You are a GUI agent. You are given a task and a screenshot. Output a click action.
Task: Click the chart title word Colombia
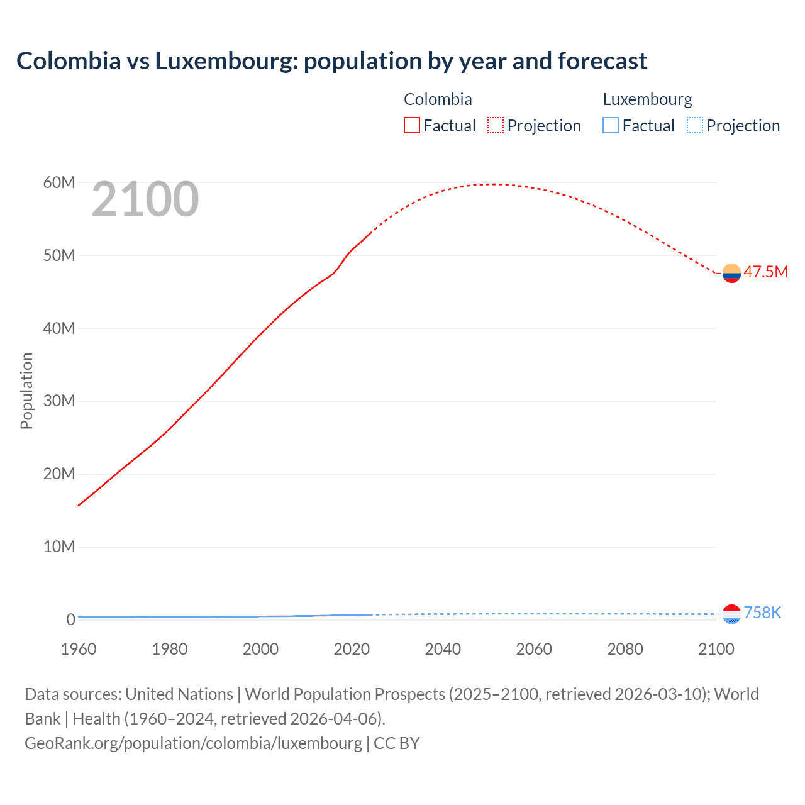click(69, 61)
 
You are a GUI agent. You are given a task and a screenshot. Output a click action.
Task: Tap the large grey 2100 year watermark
click(145, 199)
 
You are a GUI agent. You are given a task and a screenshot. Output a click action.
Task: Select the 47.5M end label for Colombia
click(765, 272)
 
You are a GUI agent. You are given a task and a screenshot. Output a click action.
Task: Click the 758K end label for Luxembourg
click(762, 613)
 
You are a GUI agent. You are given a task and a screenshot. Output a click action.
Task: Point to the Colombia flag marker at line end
click(731, 273)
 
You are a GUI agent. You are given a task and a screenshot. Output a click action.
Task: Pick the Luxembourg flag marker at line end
click(731, 614)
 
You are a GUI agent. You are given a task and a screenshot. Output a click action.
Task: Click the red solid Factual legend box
click(412, 126)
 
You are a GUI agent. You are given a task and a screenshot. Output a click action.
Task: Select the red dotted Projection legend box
click(496, 126)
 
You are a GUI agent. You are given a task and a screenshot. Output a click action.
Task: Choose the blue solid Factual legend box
click(611, 126)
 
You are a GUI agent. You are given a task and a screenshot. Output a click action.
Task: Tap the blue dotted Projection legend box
click(695, 126)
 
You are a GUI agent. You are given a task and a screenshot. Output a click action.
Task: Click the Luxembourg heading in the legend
click(647, 99)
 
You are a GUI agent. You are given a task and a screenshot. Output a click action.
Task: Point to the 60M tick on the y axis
click(59, 182)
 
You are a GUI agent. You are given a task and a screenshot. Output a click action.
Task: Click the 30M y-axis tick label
click(59, 401)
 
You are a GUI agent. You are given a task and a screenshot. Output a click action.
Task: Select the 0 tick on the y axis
click(70, 619)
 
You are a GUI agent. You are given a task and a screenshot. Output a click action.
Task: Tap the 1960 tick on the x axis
click(79, 649)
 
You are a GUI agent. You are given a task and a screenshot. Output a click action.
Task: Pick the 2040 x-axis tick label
click(443, 649)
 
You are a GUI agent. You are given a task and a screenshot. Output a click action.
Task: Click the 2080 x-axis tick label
click(625, 649)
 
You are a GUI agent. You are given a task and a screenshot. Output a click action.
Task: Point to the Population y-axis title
click(26, 391)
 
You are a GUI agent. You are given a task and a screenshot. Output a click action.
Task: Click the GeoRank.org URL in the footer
click(193, 743)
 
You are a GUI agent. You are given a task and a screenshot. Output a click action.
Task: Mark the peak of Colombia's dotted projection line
click(494, 184)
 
